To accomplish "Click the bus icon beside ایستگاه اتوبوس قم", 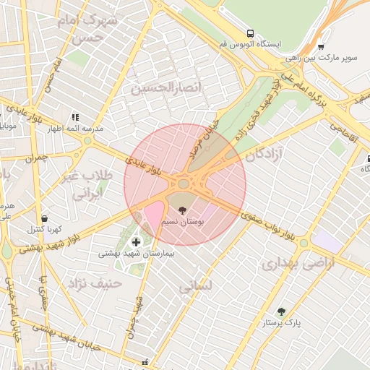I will click(250, 33).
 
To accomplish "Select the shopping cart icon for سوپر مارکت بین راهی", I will click(321, 46).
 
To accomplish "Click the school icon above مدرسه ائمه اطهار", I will click(74, 116).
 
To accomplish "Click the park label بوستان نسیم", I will click(183, 221).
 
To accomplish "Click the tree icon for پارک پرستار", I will click(281, 311).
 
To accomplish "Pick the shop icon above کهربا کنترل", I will click(44, 218).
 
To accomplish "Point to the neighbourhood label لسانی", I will click(195, 286).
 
